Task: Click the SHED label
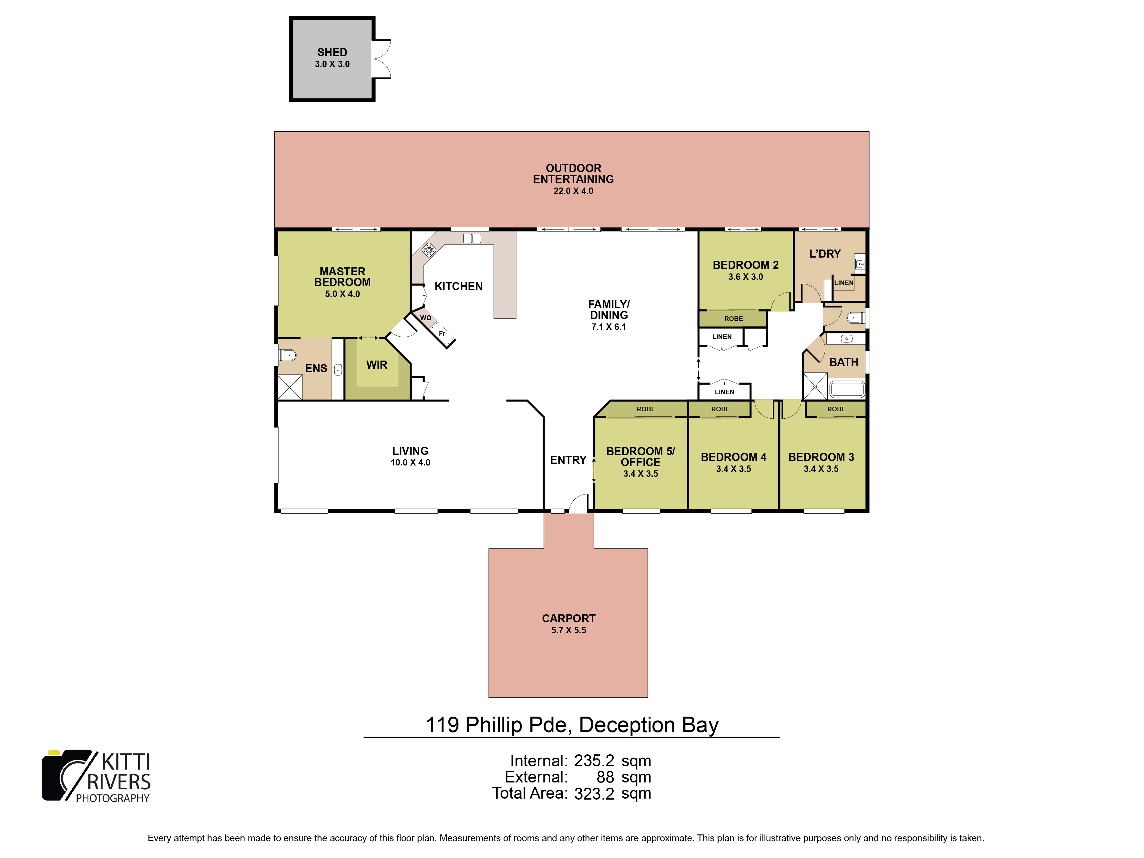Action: coord(332,52)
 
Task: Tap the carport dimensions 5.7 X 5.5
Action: coord(568,630)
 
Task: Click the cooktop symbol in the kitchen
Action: coord(429,250)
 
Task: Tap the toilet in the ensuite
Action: coord(287,355)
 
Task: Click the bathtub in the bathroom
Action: coord(847,389)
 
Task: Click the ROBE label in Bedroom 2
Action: coord(733,319)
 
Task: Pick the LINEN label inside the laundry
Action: coord(843,283)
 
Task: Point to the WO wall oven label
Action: coord(426,318)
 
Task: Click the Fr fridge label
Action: coord(442,333)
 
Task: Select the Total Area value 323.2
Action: coord(594,793)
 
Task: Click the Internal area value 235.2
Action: coord(594,761)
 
